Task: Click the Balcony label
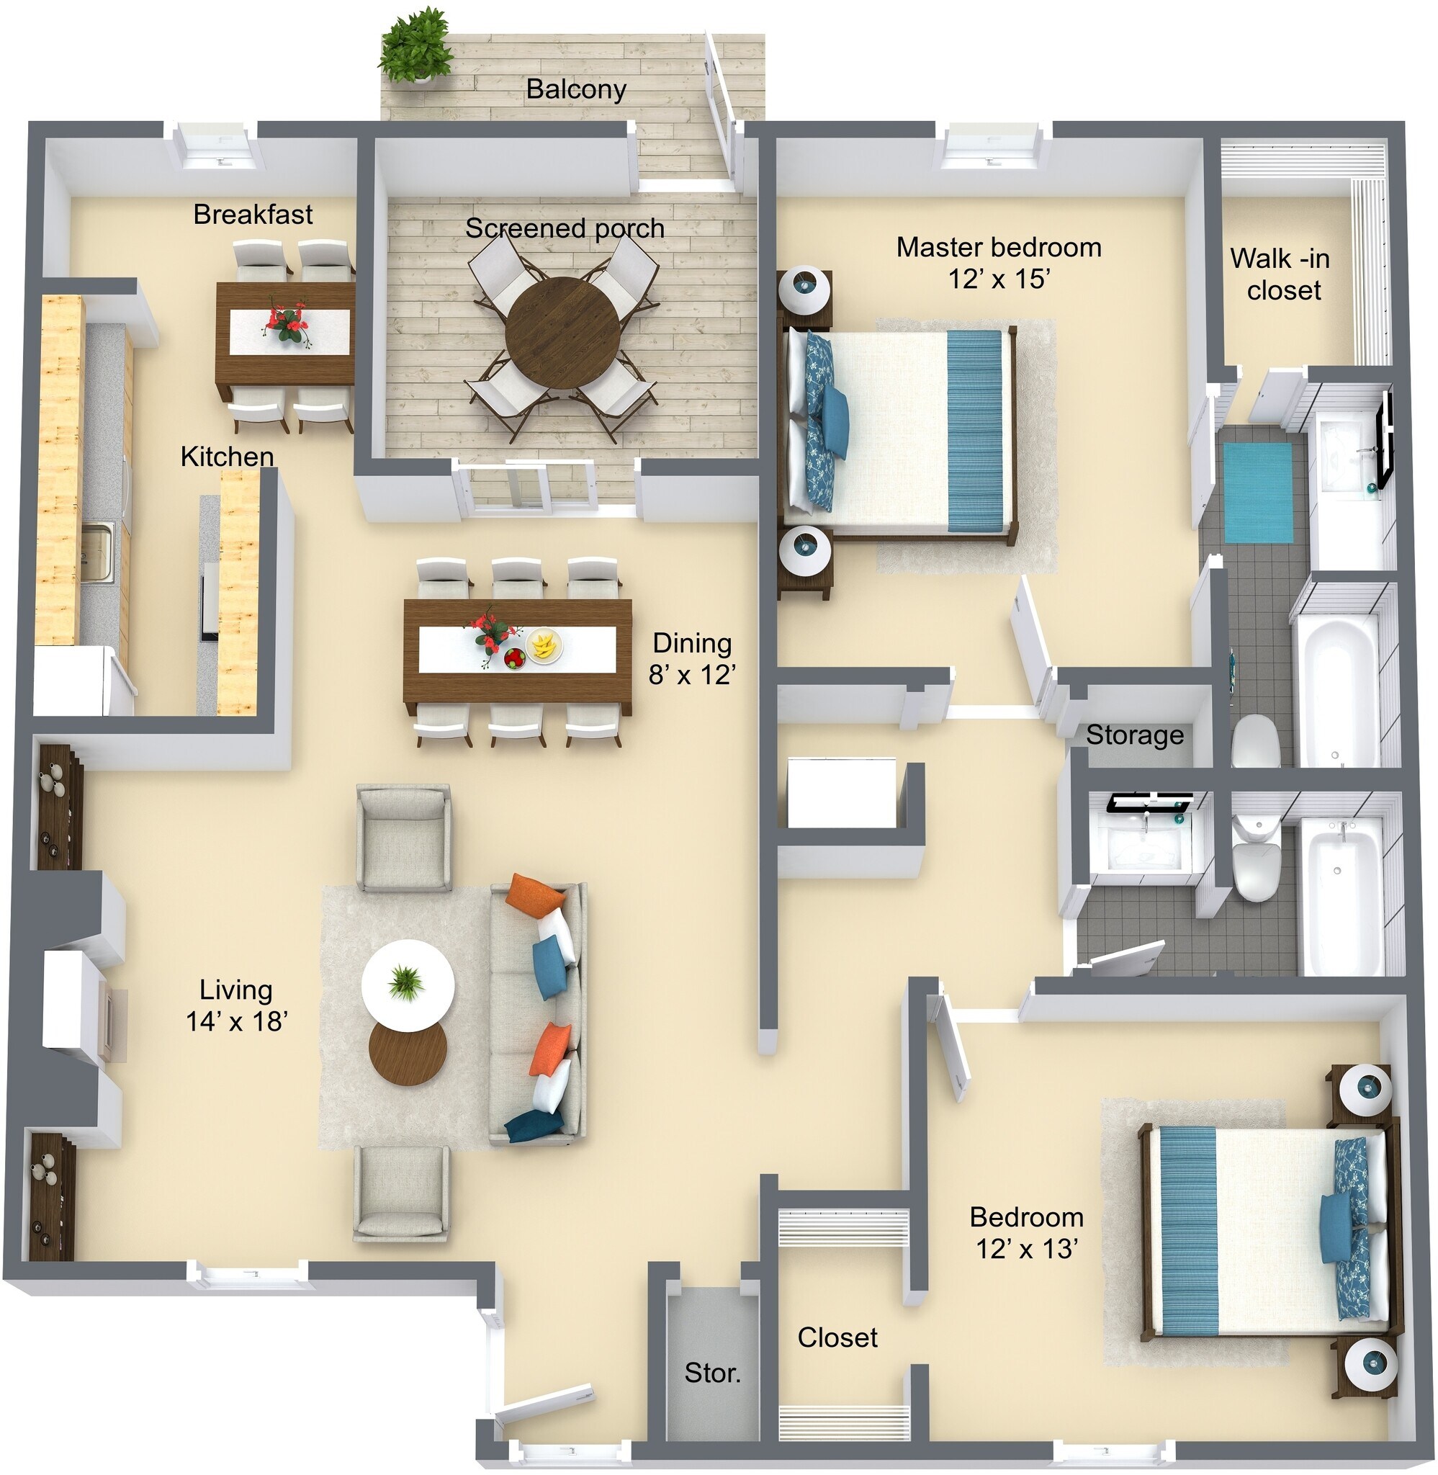pos(575,89)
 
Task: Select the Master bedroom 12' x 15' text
pos(998,262)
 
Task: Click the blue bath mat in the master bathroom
pos(1257,492)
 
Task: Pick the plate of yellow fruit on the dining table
pos(544,646)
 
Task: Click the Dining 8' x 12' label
pos(691,658)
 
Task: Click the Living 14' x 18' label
pos(235,1005)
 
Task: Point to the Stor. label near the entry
pos(712,1372)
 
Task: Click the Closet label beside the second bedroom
pos(837,1337)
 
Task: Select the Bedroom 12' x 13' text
pos(1025,1232)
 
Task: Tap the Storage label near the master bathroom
pos(1134,735)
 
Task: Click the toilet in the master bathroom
pos(1255,741)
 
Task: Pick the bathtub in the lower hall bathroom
pos(1342,897)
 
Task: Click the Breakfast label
pos(252,215)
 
